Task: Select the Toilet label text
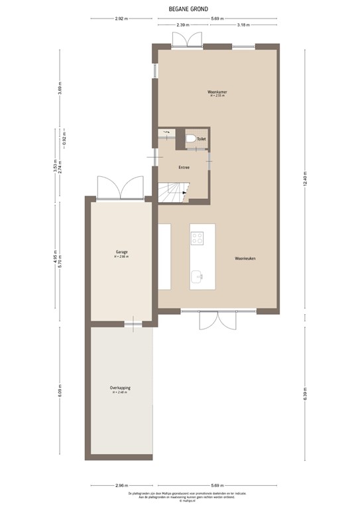coord(202,139)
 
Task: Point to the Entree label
coord(184,168)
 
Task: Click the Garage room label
coord(121,252)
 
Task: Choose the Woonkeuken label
coord(245,258)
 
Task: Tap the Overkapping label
coord(119,388)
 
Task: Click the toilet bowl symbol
coord(190,139)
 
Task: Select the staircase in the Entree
coord(173,193)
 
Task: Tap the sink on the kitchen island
coord(197,276)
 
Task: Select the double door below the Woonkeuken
coord(217,320)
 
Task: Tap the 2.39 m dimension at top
coord(183,25)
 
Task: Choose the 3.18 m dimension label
coord(243,25)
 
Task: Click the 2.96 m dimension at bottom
coord(120,484)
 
